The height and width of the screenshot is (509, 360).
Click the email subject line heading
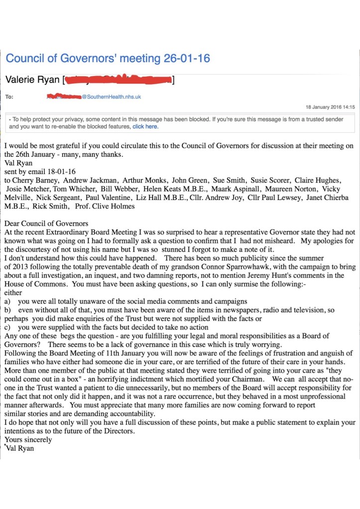point(108,58)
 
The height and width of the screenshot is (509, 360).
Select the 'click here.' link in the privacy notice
point(145,127)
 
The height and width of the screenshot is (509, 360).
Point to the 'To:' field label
point(9,97)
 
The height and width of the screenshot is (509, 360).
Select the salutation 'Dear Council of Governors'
point(46,223)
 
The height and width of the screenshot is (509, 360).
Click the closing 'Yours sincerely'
point(28,439)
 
